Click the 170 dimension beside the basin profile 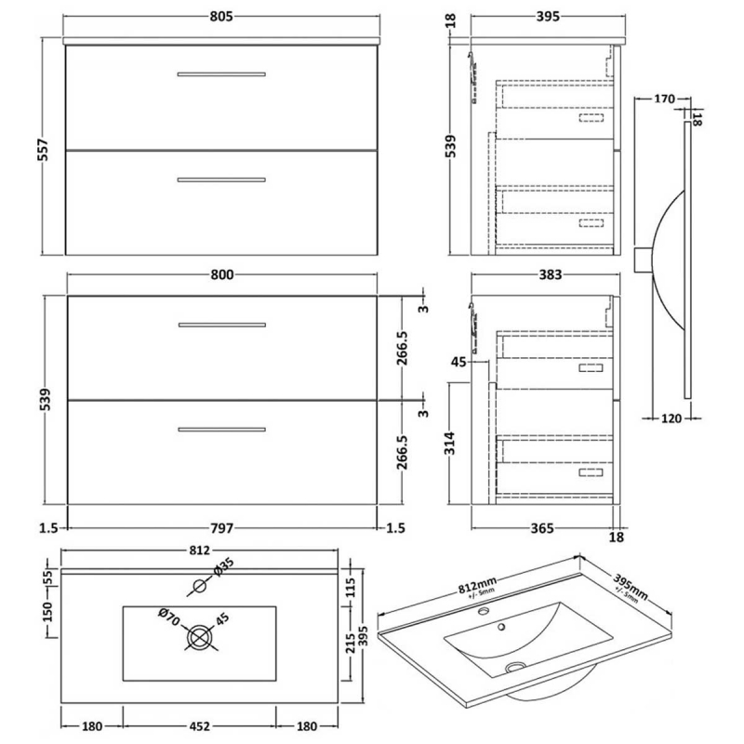click(x=664, y=99)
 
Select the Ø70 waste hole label click(x=168, y=615)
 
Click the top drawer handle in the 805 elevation click(x=222, y=73)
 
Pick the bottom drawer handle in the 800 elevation click(x=222, y=429)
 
